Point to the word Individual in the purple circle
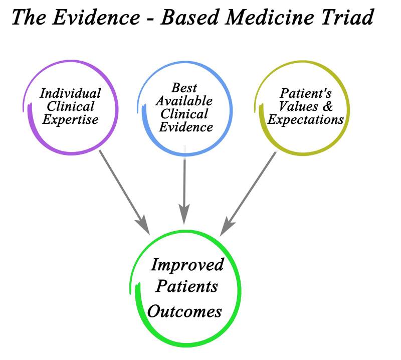(x=71, y=93)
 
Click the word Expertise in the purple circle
(x=70, y=119)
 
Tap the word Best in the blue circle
(x=184, y=88)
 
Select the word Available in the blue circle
(x=184, y=101)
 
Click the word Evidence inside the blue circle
(x=186, y=126)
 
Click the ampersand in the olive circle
(x=329, y=107)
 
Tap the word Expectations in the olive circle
(x=306, y=120)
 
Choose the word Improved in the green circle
(x=187, y=265)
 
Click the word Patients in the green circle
(x=186, y=287)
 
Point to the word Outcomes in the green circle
(x=184, y=311)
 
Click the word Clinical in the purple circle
(x=71, y=106)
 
